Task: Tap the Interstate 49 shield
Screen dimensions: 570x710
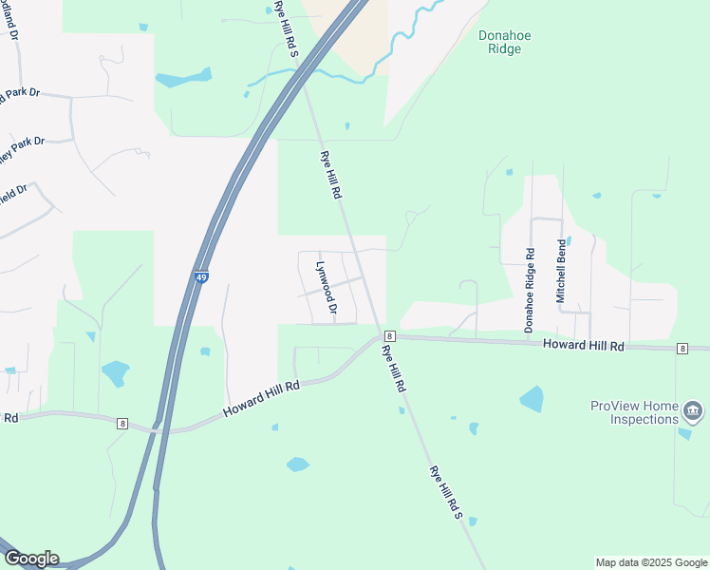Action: pyautogui.click(x=201, y=277)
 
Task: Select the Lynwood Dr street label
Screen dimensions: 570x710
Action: pyautogui.click(x=327, y=288)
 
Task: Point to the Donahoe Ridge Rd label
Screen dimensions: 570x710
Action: pyautogui.click(x=529, y=291)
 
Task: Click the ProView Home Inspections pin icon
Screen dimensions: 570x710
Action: pyautogui.click(x=694, y=411)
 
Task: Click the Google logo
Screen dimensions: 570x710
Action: pyautogui.click(x=30, y=559)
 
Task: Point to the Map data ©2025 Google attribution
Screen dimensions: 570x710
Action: pyautogui.click(x=650, y=562)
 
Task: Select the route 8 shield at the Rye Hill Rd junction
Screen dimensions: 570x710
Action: pyautogui.click(x=389, y=336)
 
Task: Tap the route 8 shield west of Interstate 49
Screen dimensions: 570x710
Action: pyautogui.click(x=122, y=423)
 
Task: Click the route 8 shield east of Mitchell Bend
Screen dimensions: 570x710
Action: pyautogui.click(x=682, y=350)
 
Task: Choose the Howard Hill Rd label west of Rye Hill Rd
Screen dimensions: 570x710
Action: pyautogui.click(x=261, y=398)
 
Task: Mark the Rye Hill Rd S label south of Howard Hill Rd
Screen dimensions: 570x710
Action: pyautogui.click(x=444, y=493)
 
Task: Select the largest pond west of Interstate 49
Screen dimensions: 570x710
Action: pyautogui.click(x=114, y=373)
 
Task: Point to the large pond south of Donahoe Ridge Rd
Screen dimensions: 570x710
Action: pyautogui.click(x=532, y=399)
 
